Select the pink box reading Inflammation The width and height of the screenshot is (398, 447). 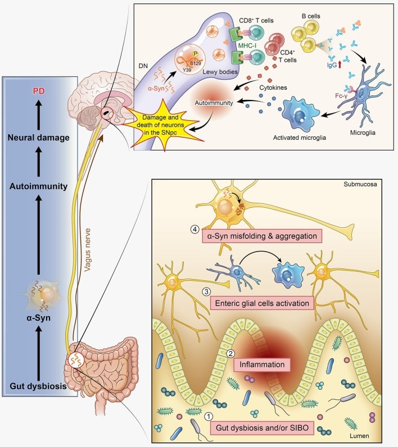pyautogui.click(x=262, y=364)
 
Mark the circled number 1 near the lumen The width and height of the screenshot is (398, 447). pyautogui.click(x=209, y=417)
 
